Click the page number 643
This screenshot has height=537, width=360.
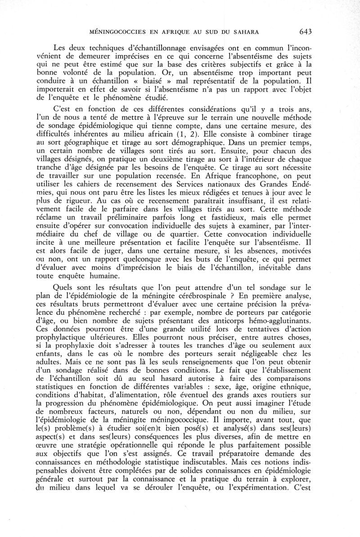pyautogui.click(x=305, y=31)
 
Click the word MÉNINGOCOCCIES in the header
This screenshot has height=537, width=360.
pyautogui.click(x=116, y=32)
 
